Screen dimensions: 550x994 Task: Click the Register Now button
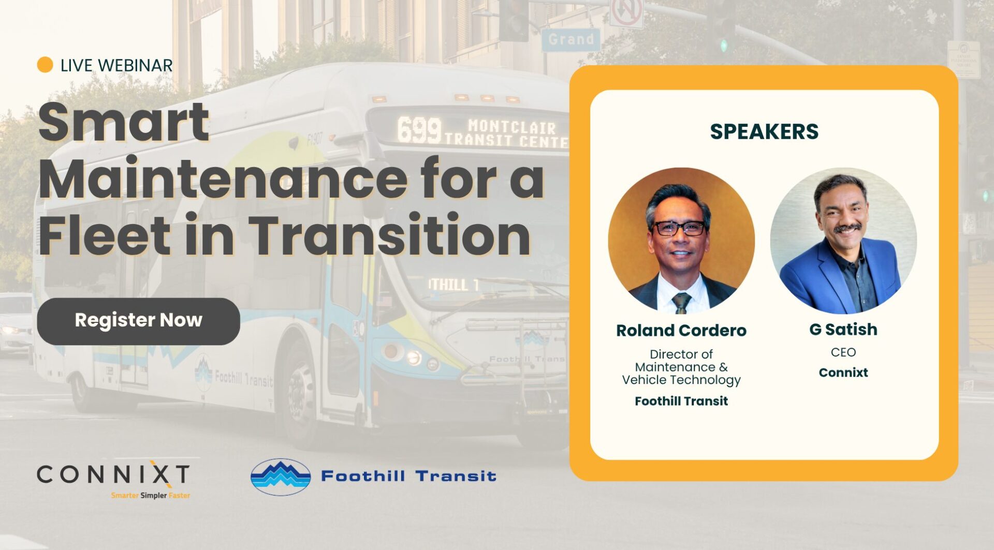tap(138, 321)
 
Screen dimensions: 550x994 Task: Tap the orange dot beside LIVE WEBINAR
tap(45, 65)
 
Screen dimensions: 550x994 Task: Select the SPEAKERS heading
tap(764, 131)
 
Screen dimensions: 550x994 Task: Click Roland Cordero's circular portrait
tap(681, 241)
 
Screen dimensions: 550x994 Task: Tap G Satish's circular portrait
tap(843, 241)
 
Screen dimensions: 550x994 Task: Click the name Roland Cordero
tap(681, 331)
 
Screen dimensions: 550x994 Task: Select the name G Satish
tap(843, 330)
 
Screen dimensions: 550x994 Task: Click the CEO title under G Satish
tap(843, 352)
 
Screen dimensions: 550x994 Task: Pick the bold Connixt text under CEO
tap(843, 373)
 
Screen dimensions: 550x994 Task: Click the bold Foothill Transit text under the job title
tap(681, 401)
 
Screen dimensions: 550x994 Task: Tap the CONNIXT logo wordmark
tap(113, 474)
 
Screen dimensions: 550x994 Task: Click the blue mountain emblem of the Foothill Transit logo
tap(280, 477)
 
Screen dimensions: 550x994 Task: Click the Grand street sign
tap(571, 39)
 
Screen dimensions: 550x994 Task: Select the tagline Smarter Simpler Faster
tap(150, 496)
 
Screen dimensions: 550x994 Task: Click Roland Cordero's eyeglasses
tap(679, 228)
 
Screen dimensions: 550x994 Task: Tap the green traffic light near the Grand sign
tap(724, 46)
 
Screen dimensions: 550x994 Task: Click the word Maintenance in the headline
tap(223, 179)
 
